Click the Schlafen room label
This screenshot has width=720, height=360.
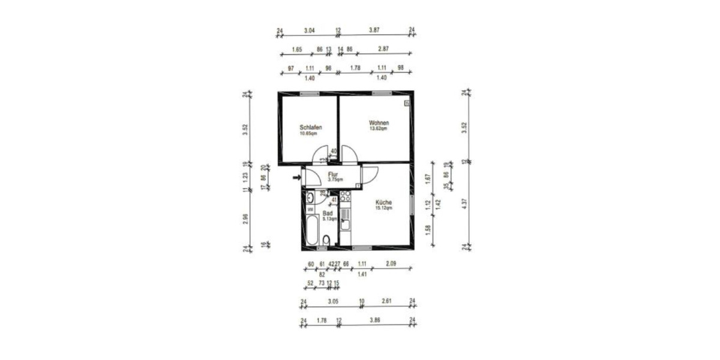coord(311,127)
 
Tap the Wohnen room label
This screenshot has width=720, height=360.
coord(379,122)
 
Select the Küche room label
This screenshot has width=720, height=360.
coord(384,203)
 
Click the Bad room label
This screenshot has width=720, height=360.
coord(328,213)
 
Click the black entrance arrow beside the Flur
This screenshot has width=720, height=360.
coord(296,177)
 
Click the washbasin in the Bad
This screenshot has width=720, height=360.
coord(310,198)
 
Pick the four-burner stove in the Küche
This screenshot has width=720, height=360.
coord(345,196)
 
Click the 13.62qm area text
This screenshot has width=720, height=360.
coord(379,128)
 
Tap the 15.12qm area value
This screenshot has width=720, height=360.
coord(384,208)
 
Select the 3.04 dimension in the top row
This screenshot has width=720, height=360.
coord(309,29)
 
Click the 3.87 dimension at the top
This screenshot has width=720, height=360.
coord(374,29)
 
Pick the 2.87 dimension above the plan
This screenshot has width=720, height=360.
coord(383,49)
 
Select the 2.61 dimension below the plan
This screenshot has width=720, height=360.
coord(387,302)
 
